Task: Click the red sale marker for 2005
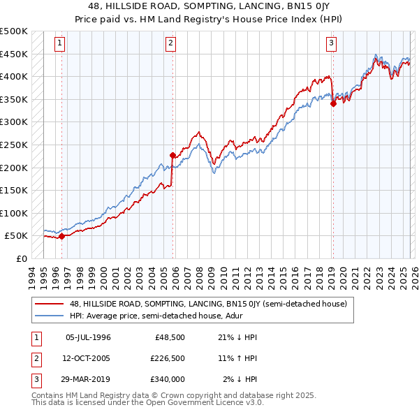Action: tap(172, 155)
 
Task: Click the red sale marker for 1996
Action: tap(61, 236)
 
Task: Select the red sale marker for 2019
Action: tap(333, 104)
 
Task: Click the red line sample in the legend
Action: tap(50, 304)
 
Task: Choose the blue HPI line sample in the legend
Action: tap(50, 315)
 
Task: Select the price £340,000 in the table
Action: tap(168, 379)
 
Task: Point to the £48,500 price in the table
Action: tap(170, 337)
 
